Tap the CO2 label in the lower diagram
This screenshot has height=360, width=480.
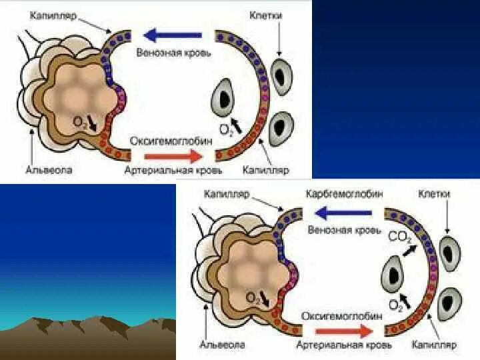coord(399,237)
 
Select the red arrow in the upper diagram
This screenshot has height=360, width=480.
coord(172,155)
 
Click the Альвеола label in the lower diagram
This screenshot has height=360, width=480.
coord(223,345)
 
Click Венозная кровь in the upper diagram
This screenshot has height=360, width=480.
coord(174,52)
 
